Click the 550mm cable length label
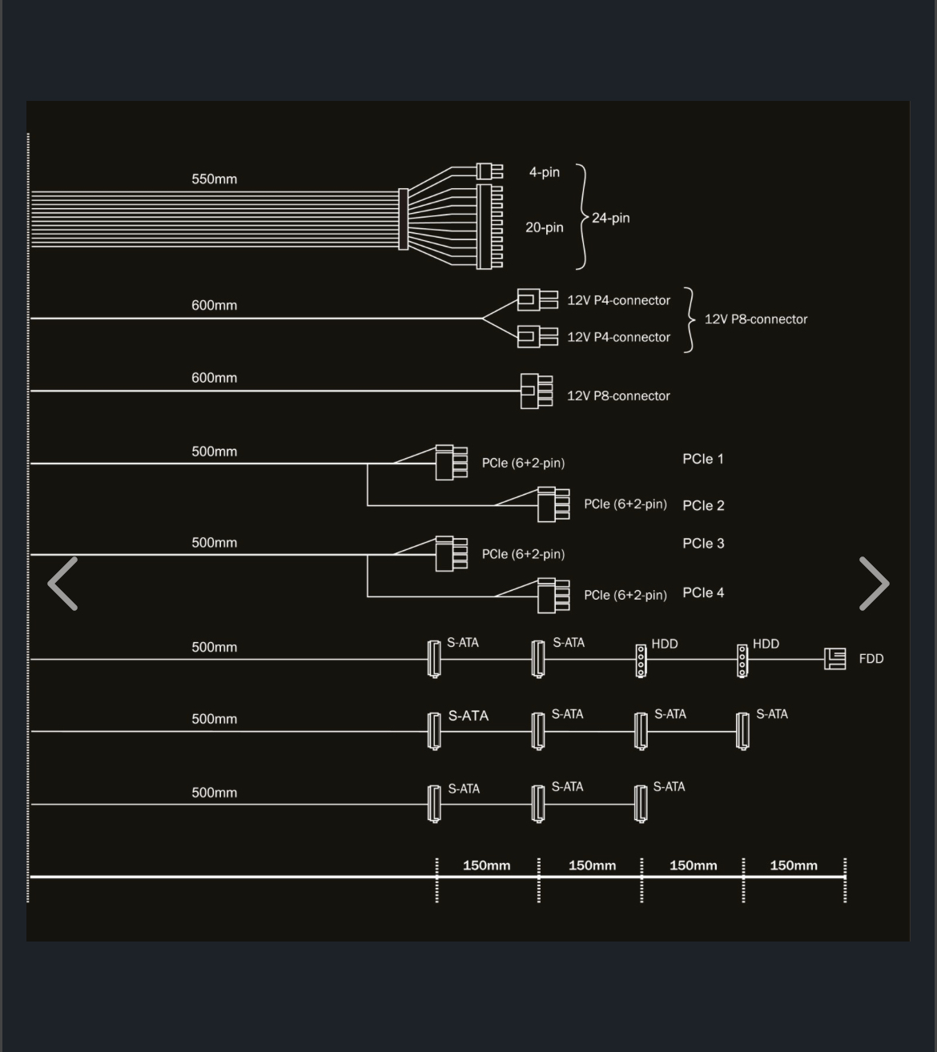[214, 179]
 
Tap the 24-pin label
[610, 218]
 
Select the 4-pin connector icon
[489, 171]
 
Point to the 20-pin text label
[545, 227]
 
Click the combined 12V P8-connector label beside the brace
[756, 319]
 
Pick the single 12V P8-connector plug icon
[537, 391]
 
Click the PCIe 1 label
[703, 459]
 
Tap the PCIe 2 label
[703, 506]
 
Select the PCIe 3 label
[703, 544]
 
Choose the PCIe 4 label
[703, 593]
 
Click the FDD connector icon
[835, 659]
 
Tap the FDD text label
[871, 659]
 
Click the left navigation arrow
[62, 584]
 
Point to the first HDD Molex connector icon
[641, 661]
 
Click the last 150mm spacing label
[794, 865]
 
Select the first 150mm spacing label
[487, 865]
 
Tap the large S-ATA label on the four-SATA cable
[468, 716]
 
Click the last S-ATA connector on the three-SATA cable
[641, 805]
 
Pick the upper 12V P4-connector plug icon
[537, 300]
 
